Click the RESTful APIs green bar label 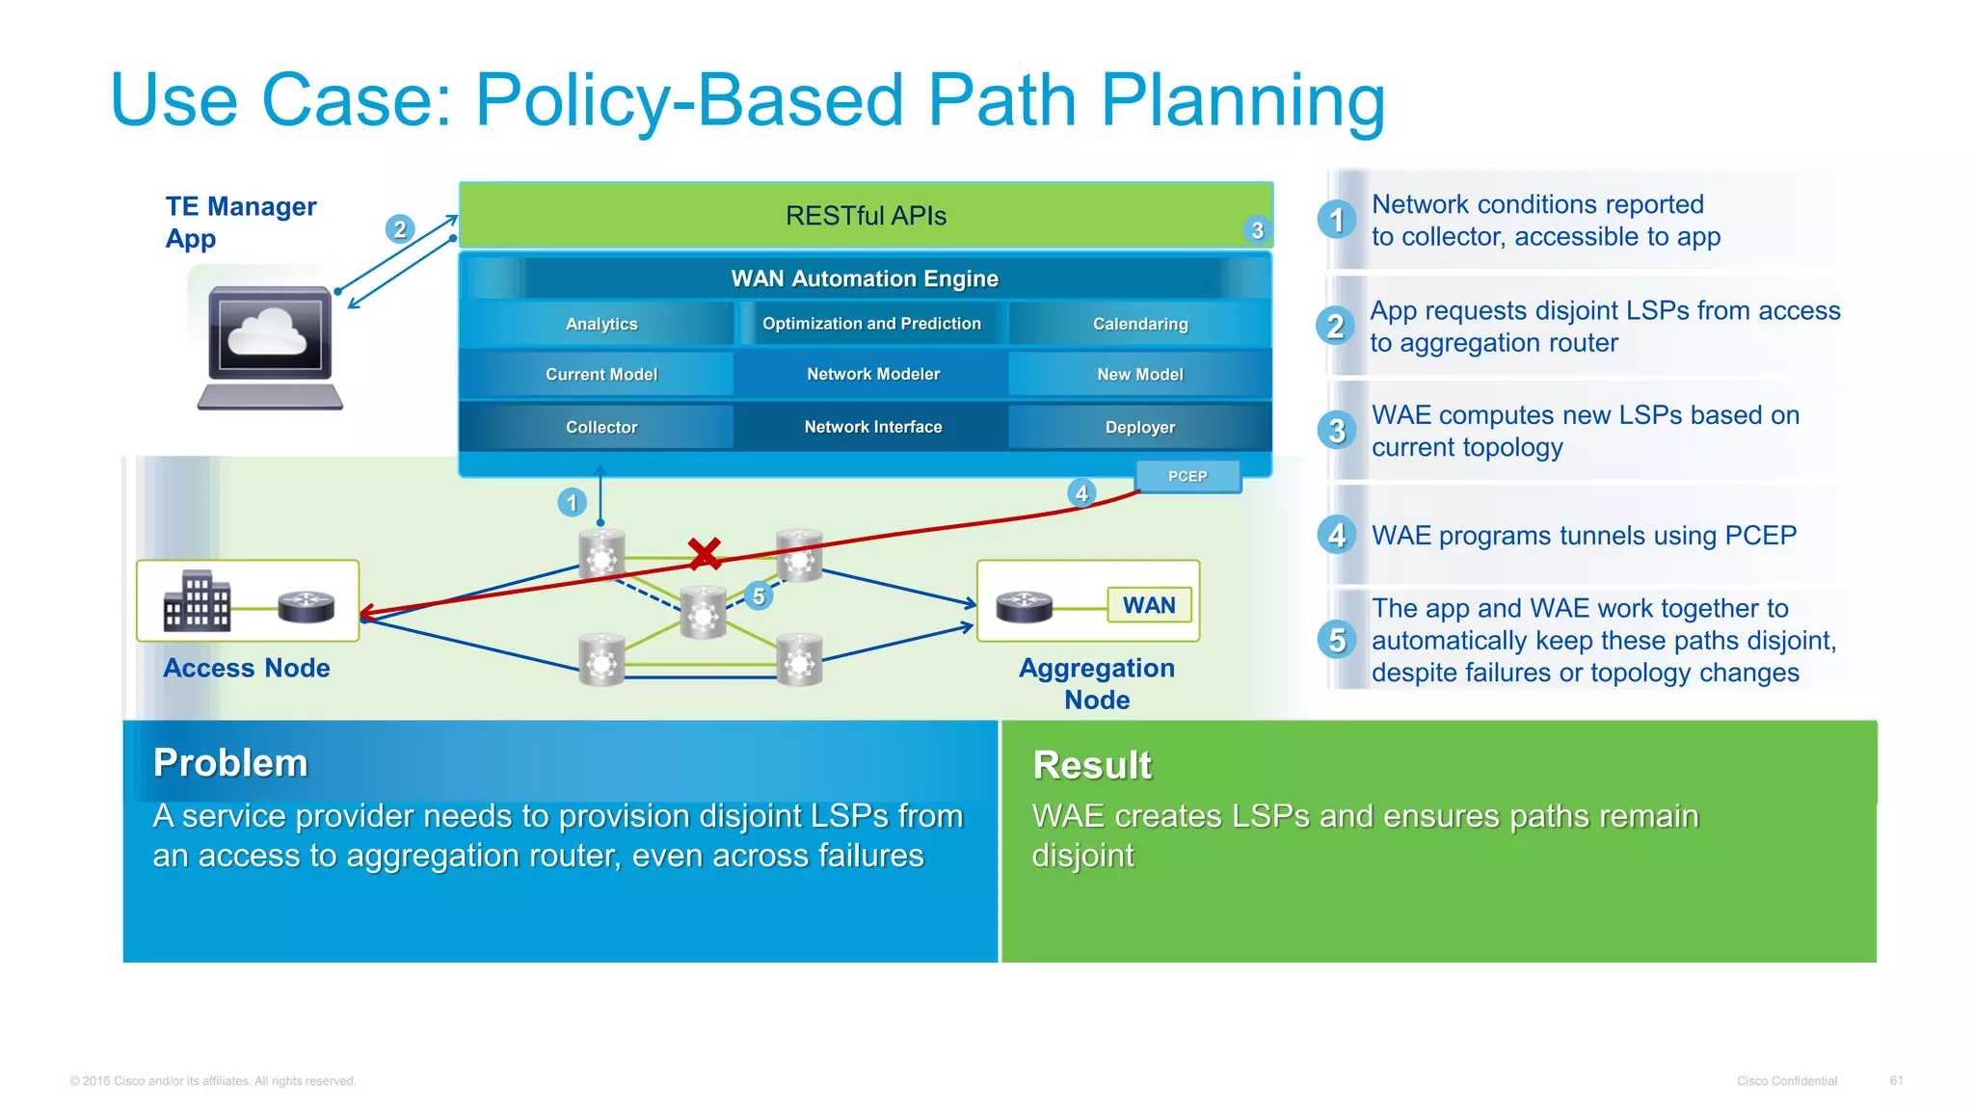(x=866, y=216)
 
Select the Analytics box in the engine (x=600, y=324)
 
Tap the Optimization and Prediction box (x=871, y=324)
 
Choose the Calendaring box (x=1139, y=324)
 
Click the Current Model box (x=600, y=374)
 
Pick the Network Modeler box (x=872, y=374)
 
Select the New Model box (x=1139, y=374)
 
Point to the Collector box (x=600, y=427)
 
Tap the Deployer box (x=1139, y=427)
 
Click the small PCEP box (x=1187, y=476)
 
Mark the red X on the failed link (x=705, y=553)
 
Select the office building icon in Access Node (x=197, y=601)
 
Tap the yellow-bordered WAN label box (x=1149, y=605)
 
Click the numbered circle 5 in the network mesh (x=759, y=596)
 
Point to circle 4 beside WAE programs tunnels (x=1336, y=535)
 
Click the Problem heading (x=230, y=763)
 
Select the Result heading (x=1091, y=765)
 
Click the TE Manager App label (x=240, y=223)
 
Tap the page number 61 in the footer (x=1896, y=1080)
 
